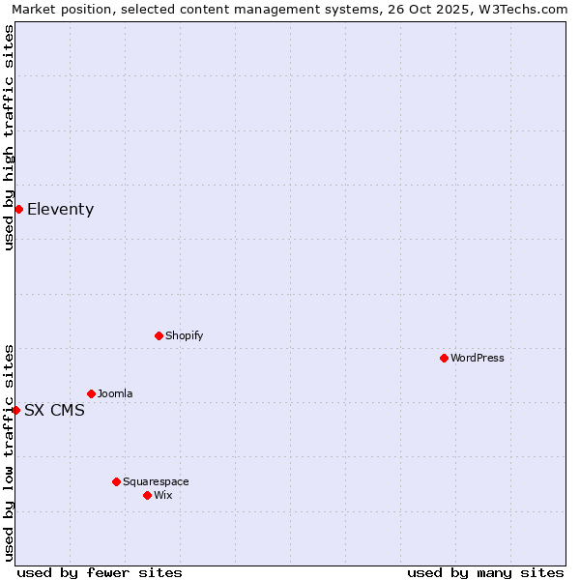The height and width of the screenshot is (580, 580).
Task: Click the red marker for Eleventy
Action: pyautogui.click(x=18, y=209)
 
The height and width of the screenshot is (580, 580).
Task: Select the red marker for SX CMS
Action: pyautogui.click(x=15, y=410)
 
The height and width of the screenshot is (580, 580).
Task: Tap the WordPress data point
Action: pyautogui.click(x=444, y=358)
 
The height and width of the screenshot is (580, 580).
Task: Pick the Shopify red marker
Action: pyautogui.click(x=159, y=335)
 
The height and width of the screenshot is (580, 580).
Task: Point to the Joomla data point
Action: pyautogui.click(x=91, y=393)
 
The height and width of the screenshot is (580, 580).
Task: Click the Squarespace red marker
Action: pyautogui.click(x=116, y=481)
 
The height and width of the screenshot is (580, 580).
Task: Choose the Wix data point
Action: pyautogui.click(x=147, y=495)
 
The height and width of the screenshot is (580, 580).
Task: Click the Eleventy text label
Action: pyautogui.click(x=60, y=209)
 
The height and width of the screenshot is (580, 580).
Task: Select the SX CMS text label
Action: pyautogui.click(x=54, y=410)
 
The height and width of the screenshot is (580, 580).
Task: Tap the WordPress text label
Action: pyautogui.click(x=478, y=358)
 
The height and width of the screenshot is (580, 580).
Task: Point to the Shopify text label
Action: pyautogui.click(x=185, y=335)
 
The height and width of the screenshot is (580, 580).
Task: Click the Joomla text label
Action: pyautogui.click(x=115, y=393)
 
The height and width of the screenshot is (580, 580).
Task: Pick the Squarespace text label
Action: pyautogui.click(x=156, y=481)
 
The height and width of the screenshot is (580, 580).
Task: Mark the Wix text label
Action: pyautogui.click(x=163, y=495)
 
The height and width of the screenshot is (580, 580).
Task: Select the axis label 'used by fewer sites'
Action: pyautogui.click(x=100, y=572)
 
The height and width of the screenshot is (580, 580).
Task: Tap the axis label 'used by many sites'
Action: pyautogui.click(x=485, y=572)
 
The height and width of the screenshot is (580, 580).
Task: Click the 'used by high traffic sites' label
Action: pyautogui.click(x=10, y=137)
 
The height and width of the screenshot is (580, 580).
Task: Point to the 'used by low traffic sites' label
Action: pyautogui.click(x=10, y=451)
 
